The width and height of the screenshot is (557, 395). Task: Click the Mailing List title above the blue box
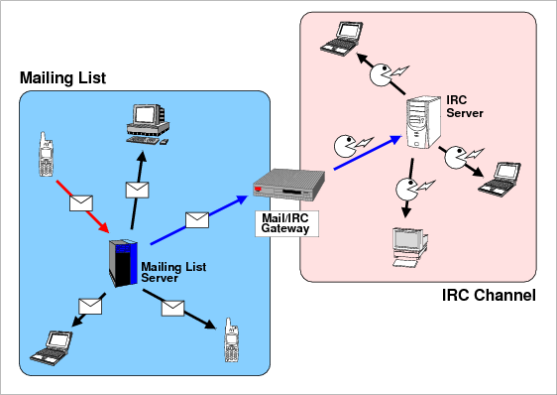(62, 78)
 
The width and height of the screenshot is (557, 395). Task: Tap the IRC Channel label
(489, 296)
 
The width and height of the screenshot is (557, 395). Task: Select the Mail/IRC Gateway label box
(286, 223)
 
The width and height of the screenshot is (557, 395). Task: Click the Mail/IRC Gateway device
(288, 185)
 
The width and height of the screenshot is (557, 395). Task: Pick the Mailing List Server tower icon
(123, 263)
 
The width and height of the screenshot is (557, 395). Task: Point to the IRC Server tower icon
(423, 122)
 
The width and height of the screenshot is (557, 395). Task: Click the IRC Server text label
(465, 106)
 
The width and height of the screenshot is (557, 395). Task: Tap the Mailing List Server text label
(173, 272)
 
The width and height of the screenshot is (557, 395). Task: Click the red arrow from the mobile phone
(82, 206)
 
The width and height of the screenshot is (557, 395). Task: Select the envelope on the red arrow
(81, 203)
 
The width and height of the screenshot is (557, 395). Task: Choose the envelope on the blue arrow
(197, 220)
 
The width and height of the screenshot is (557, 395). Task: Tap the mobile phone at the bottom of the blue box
(231, 339)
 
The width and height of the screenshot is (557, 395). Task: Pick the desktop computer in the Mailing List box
(148, 124)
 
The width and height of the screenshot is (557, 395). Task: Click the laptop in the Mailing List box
(52, 347)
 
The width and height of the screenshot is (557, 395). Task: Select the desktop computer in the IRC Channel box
(410, 247)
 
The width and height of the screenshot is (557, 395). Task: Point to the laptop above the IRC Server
(341, 39)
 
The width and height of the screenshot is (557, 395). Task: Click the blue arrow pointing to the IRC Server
(368, 152)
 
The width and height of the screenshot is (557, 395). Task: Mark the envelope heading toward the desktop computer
(137, 190)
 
